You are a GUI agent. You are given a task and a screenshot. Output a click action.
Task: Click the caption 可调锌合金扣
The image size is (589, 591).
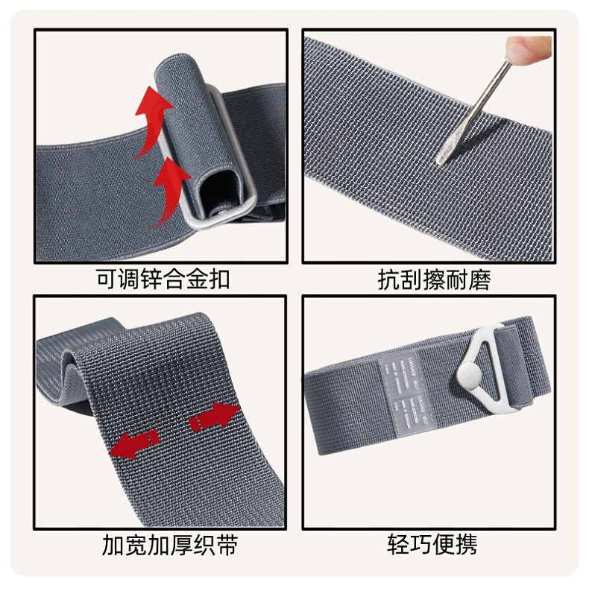(163, 279)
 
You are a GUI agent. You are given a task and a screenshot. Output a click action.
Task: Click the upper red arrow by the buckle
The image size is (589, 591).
(151, 112)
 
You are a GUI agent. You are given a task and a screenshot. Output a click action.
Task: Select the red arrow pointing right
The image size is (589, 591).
(215, 417)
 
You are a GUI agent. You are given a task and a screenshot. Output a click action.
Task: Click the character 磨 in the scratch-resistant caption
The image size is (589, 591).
(479, 279)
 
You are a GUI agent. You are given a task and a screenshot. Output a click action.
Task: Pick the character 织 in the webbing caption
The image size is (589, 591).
(203, 546)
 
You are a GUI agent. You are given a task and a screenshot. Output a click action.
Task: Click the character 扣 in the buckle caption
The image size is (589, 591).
(218, 279)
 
